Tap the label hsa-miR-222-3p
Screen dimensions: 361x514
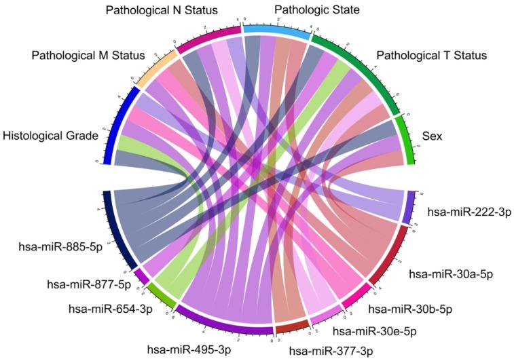469,212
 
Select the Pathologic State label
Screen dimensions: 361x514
316,9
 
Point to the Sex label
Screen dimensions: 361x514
432,136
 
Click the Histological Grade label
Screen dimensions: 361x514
50,136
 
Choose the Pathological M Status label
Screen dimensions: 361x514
88,54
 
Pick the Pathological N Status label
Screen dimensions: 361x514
162,10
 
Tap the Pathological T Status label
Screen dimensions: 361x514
431,55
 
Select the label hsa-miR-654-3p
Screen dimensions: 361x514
111,309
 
